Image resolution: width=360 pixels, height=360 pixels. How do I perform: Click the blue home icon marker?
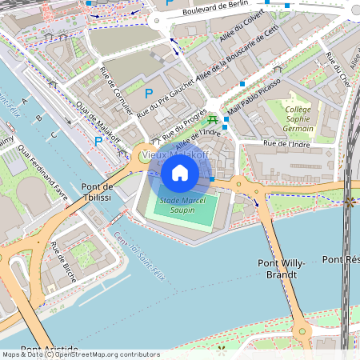180,172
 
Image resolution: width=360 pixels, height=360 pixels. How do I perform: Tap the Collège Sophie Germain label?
298,119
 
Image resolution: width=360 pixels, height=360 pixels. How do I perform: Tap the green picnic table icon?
212,120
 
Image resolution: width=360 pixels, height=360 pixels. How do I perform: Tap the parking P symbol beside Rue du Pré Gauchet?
149,94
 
